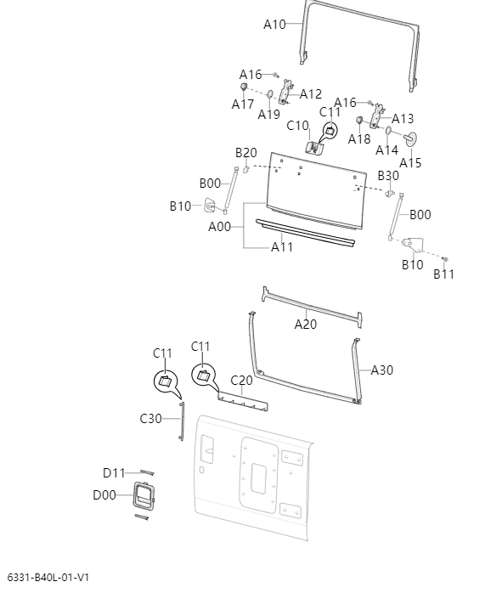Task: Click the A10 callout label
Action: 274,25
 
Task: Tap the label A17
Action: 243,104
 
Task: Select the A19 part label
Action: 269,115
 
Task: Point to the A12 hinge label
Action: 311,94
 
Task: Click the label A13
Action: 403,119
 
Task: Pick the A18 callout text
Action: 359,139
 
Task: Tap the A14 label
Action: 387,150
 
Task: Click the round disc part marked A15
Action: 413,138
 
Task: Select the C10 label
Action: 297,126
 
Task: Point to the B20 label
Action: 246,153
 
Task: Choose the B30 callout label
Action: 388,176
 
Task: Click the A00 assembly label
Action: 220,227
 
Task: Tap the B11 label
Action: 444,274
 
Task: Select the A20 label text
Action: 306,324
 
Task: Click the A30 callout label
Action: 382,370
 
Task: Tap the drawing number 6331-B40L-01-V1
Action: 48,578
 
